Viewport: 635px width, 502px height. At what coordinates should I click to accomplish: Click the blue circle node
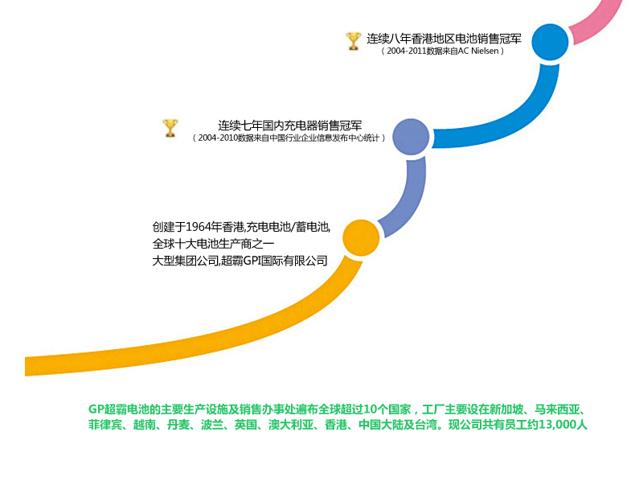550,43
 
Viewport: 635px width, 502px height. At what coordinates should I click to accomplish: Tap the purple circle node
411,136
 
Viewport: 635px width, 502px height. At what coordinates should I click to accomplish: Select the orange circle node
361,238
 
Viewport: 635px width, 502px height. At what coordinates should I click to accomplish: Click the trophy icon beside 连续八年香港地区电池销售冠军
353,40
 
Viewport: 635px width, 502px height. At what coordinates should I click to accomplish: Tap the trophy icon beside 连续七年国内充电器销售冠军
170,128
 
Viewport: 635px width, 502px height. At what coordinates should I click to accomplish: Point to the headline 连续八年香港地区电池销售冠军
444,38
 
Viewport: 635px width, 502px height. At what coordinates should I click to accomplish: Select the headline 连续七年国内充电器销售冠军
289,125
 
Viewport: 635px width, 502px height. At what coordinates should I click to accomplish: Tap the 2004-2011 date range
407,51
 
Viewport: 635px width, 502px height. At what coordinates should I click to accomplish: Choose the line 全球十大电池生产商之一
213,243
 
